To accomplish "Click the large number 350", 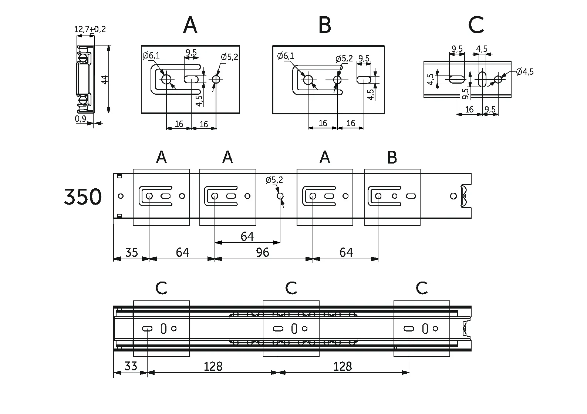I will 82,196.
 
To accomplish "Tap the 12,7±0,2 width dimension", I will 90,29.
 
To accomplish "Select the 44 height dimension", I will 105,79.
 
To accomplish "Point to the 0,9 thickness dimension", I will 80,119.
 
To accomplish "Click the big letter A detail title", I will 190,26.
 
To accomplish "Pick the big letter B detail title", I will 324,26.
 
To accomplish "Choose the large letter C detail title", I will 476,26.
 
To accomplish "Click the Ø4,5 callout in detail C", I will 525,72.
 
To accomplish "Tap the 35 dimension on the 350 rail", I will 131,253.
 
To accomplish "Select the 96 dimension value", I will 262,253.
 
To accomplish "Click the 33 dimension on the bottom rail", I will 131,366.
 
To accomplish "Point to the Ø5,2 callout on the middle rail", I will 274,180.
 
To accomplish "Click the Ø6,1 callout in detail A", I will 151,55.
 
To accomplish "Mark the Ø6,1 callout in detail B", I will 286,56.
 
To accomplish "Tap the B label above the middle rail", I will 392,158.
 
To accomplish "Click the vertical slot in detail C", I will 482,79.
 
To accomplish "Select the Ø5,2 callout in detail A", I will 229,57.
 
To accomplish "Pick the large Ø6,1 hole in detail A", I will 166,79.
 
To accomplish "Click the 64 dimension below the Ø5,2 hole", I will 247,236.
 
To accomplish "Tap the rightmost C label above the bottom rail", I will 422,288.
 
